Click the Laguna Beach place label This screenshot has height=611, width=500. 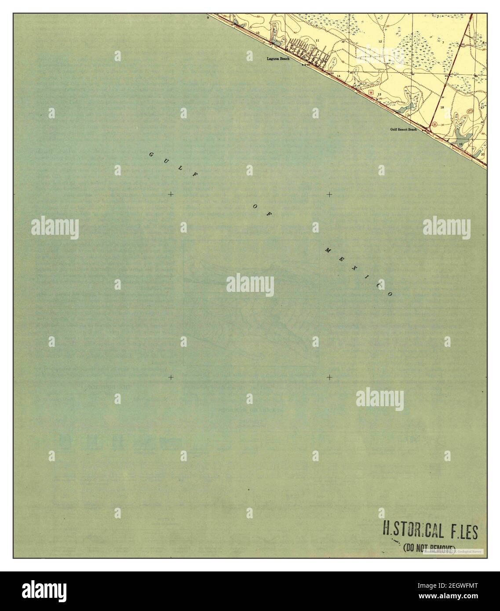278,58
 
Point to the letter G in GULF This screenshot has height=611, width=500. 151,155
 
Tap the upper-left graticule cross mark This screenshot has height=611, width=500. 171,194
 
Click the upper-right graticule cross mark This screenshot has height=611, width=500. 329,194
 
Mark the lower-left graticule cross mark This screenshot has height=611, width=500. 171,377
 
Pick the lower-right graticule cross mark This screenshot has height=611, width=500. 329,377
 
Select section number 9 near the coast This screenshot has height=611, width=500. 208,18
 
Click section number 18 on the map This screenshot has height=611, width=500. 442,107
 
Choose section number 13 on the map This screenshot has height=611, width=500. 379,95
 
